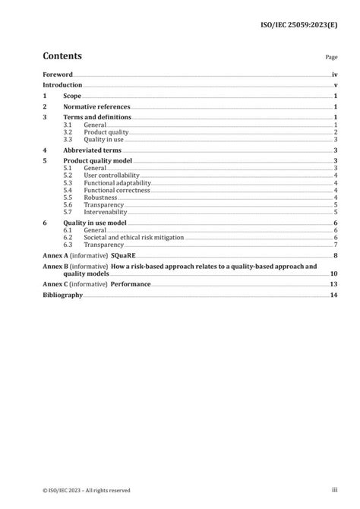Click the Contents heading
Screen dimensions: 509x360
pyautogui.click(x=62, y=56)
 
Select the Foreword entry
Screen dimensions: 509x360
pyautogui.click(x=58, y=74)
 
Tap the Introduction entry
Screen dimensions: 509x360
pyautogui.click(x=62, y=86)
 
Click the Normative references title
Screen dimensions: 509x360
pyautogui.click(x=96, y=107)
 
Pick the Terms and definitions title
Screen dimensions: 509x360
pyautogui.click(x=97, y=118)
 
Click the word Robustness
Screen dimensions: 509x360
pyautogui.click(x=101, y=198)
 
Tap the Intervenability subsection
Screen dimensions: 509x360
pyautogui.click(x=106, y=212)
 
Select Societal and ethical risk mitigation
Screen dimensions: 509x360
pyautogui.click(x=132, y=237)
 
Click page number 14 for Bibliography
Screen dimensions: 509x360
pyautogui.click(x=333, y=295)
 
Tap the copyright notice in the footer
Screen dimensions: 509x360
pyautogui.click(x=87, y=490)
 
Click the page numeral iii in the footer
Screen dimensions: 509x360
pyautogui.click(x=333, y=490)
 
